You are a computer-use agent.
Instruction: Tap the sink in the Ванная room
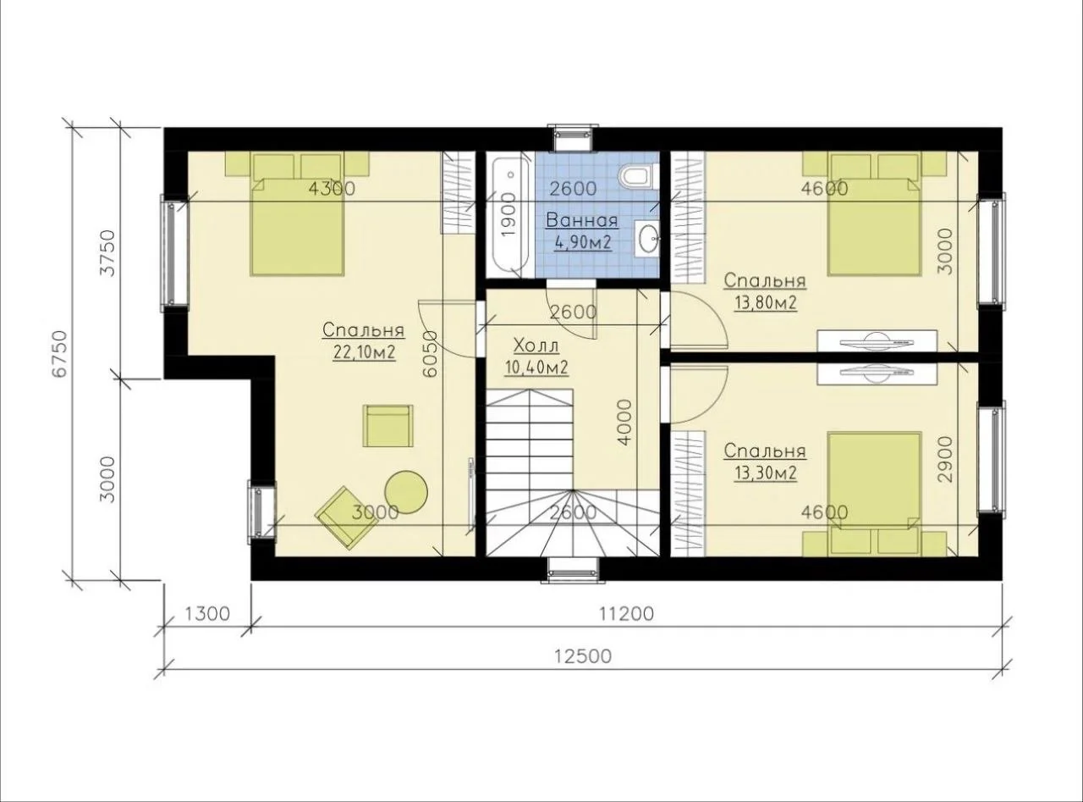pos(647,238)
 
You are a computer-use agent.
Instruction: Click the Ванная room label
pos(582,220)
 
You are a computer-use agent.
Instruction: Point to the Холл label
pos(536,346)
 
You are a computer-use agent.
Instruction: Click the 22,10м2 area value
pos(364,352)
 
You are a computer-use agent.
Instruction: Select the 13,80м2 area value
pos(766,303)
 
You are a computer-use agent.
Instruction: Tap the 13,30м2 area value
pos(766,473)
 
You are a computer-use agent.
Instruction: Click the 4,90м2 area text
pos(582,242)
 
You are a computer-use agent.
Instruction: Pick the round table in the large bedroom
pos(406,492)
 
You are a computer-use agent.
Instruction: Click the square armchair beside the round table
pos(388,426)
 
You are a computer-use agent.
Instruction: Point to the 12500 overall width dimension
pos(583,656)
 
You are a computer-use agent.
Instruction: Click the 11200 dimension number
pos(626,613)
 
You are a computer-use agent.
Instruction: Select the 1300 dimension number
pos(207,613)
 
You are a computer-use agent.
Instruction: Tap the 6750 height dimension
pos(59,354)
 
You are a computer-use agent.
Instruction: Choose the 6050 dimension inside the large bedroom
pos(430,354)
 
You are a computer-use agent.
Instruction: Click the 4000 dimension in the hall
pos(624,423)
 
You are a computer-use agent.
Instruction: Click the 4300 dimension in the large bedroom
pos(332,189)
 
